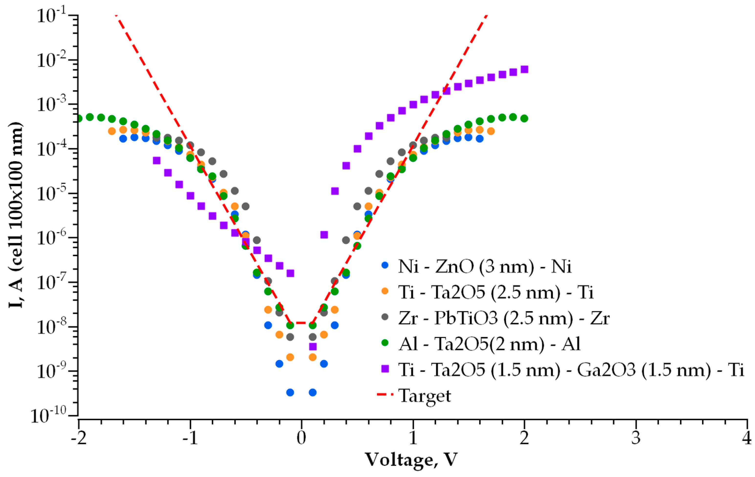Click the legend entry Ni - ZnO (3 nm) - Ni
[485, 266]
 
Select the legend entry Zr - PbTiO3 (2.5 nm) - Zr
[504, 318]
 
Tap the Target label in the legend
[425, 396]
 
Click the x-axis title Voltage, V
[411, 460]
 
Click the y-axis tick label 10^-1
[52, 16]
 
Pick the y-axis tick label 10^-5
[52, 194]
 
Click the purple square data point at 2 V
[524, 69]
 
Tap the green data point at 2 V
[524, 118]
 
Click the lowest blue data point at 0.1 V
[313, 392]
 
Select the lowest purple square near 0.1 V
[313, 346]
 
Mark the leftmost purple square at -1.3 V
[157, 161]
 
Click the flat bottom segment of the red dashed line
[301, 323]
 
